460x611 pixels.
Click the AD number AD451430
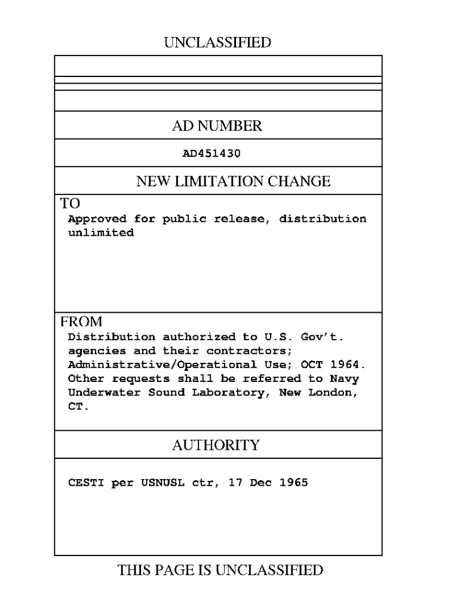211,153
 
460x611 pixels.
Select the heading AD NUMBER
217,126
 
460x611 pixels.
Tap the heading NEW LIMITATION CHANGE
233,181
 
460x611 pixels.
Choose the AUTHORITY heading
216,445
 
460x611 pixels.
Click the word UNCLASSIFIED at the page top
217,42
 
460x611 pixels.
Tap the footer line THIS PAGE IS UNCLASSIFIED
220,570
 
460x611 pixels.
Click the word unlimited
101,233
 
